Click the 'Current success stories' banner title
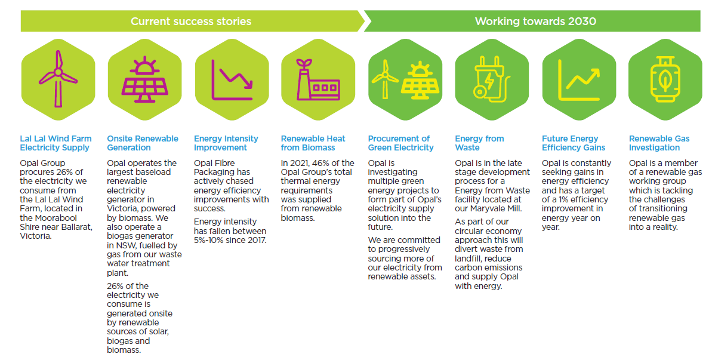(191, 21)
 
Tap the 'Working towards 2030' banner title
(535, 21)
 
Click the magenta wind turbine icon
(58, 79)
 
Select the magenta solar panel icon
(144, 79)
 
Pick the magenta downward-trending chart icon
(232, 80)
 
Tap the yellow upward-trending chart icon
(579, 80)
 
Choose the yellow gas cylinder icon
(665, 79)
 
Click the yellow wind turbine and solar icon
(405, 80)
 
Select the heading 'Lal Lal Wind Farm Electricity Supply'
(56, 143)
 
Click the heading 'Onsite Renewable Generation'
(143, 143)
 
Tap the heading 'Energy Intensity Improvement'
(226, 143)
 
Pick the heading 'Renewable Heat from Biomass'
(313, 143)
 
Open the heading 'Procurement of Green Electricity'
(400, 143)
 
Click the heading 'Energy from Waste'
(479, 143)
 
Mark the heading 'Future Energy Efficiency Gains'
(574, 143)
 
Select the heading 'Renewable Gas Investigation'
(659, 143)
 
